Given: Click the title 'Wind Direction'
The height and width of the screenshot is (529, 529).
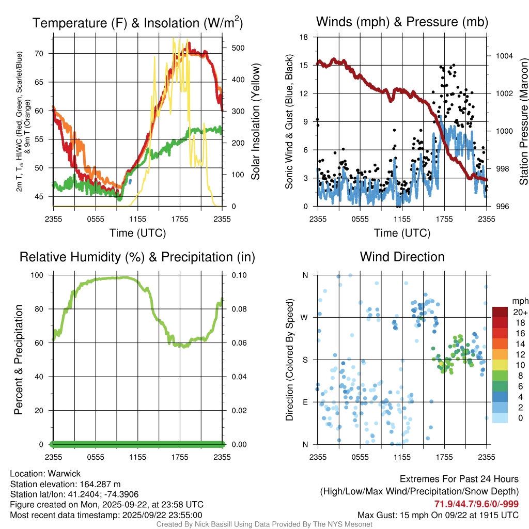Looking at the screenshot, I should point(402,257).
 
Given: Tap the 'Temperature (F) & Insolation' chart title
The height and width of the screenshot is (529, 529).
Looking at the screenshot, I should point(138,23).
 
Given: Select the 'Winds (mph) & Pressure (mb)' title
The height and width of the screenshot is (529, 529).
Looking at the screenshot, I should point(402,22).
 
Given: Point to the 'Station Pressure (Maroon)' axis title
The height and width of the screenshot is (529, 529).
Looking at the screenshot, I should point(523,122).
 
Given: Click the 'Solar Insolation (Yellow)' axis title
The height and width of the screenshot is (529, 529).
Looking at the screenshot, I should point(255,122).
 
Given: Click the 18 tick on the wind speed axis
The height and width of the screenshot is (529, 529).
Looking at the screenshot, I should point(304,37).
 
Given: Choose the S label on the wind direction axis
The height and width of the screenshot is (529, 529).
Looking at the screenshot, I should point(305,360).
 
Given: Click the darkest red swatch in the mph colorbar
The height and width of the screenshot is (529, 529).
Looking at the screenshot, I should point(500,312).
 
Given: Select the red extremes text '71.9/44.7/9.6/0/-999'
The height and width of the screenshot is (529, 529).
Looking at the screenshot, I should point(476,504).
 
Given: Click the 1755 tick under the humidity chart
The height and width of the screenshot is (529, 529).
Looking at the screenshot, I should point(180,457).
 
